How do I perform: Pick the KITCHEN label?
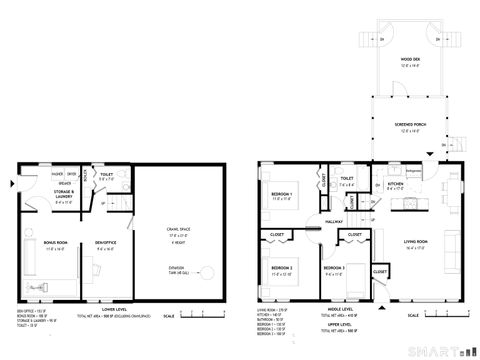click(x=395, y=185)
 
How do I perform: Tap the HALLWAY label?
click(x=333, y=222)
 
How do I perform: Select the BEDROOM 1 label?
click(x=281, y=194)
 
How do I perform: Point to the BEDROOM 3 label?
click(x=334, y=269)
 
